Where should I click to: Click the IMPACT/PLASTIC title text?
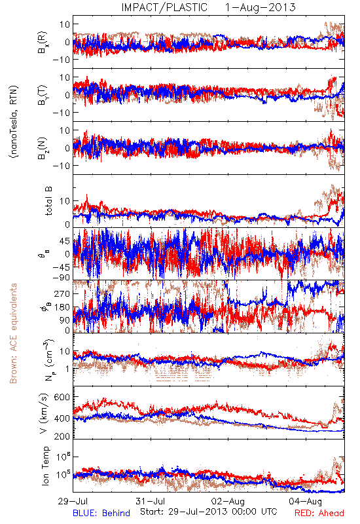164,7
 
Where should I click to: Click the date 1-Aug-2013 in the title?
261,7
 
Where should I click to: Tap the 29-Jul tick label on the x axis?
73,501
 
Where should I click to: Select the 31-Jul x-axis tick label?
151,501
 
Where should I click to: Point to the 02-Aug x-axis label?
228,501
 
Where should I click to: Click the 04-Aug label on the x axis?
306,501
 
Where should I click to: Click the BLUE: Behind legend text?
101,513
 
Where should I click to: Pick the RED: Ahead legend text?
319,513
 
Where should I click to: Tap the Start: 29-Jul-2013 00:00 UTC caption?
209,512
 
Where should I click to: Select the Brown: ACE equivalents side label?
13,333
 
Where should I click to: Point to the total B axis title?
48,201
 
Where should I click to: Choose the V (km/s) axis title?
44,413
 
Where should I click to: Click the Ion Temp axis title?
45,466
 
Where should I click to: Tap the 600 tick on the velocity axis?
62,397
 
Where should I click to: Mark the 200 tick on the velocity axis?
62,436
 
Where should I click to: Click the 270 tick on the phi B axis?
62,293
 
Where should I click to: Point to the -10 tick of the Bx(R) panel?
61,60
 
